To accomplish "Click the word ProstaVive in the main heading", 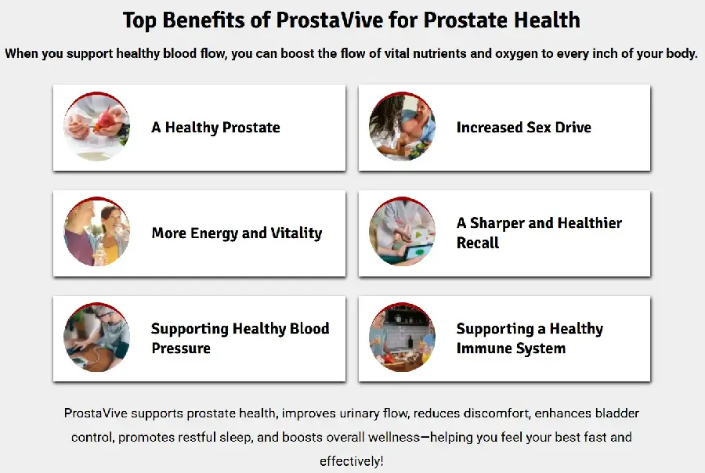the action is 330,20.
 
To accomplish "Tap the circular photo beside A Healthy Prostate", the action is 96,127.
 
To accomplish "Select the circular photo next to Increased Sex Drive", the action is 402,127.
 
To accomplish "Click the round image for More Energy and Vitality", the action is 96,232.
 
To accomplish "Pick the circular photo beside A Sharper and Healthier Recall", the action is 402,232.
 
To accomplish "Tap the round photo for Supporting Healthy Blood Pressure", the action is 96,338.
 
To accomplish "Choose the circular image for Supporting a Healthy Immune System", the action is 402,338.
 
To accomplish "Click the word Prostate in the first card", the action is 251,127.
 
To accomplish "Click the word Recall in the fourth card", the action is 478,243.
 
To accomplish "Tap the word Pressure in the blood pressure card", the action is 181,348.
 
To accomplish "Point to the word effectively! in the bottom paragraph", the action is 352,461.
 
